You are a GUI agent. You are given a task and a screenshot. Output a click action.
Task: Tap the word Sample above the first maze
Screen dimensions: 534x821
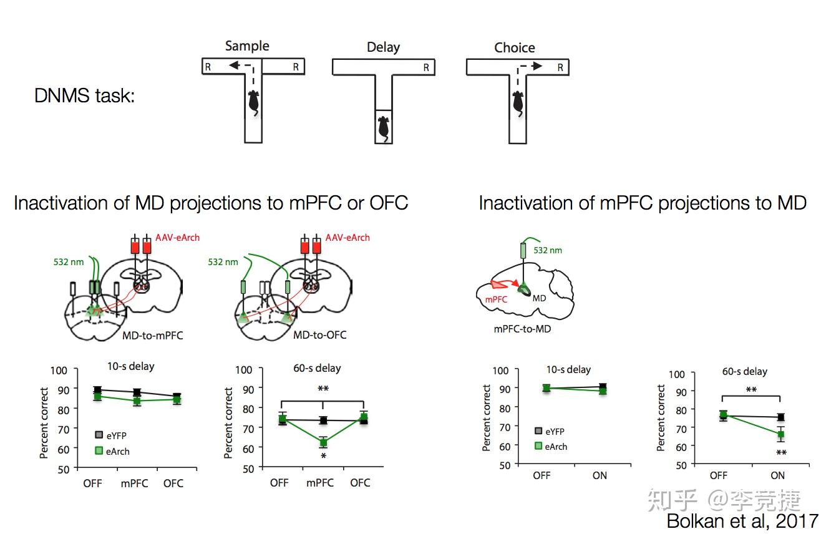[x=247, y=46]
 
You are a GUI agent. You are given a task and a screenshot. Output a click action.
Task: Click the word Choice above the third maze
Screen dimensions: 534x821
[x=515, y=47]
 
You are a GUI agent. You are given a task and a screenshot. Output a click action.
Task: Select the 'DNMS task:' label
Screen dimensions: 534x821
[x=85, y=96]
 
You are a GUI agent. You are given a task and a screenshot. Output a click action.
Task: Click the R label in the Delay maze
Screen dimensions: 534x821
[x=426, y=67]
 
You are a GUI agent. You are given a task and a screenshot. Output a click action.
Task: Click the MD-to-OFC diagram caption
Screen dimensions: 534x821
[x=320, y=335]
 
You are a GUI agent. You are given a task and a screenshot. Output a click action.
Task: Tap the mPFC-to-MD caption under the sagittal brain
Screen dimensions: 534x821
[x=522, y=329]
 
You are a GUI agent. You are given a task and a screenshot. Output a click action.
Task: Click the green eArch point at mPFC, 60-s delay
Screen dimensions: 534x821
[x=323, y=443]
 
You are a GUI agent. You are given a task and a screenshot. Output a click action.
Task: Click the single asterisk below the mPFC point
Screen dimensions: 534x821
[x=323, y=457]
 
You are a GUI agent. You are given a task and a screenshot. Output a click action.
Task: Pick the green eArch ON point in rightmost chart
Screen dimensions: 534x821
[x=780, y=434]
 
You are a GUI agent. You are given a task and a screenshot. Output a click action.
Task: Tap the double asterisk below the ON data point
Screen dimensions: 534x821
[x=780, y=453]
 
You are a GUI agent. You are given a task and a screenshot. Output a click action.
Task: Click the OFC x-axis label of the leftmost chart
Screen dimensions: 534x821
[x=173, y=483]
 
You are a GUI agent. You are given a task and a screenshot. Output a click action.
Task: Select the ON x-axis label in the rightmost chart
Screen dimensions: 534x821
[x=777, y=475]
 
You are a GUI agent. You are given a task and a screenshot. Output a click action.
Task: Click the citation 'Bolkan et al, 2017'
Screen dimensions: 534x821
[x=742, y=520]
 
